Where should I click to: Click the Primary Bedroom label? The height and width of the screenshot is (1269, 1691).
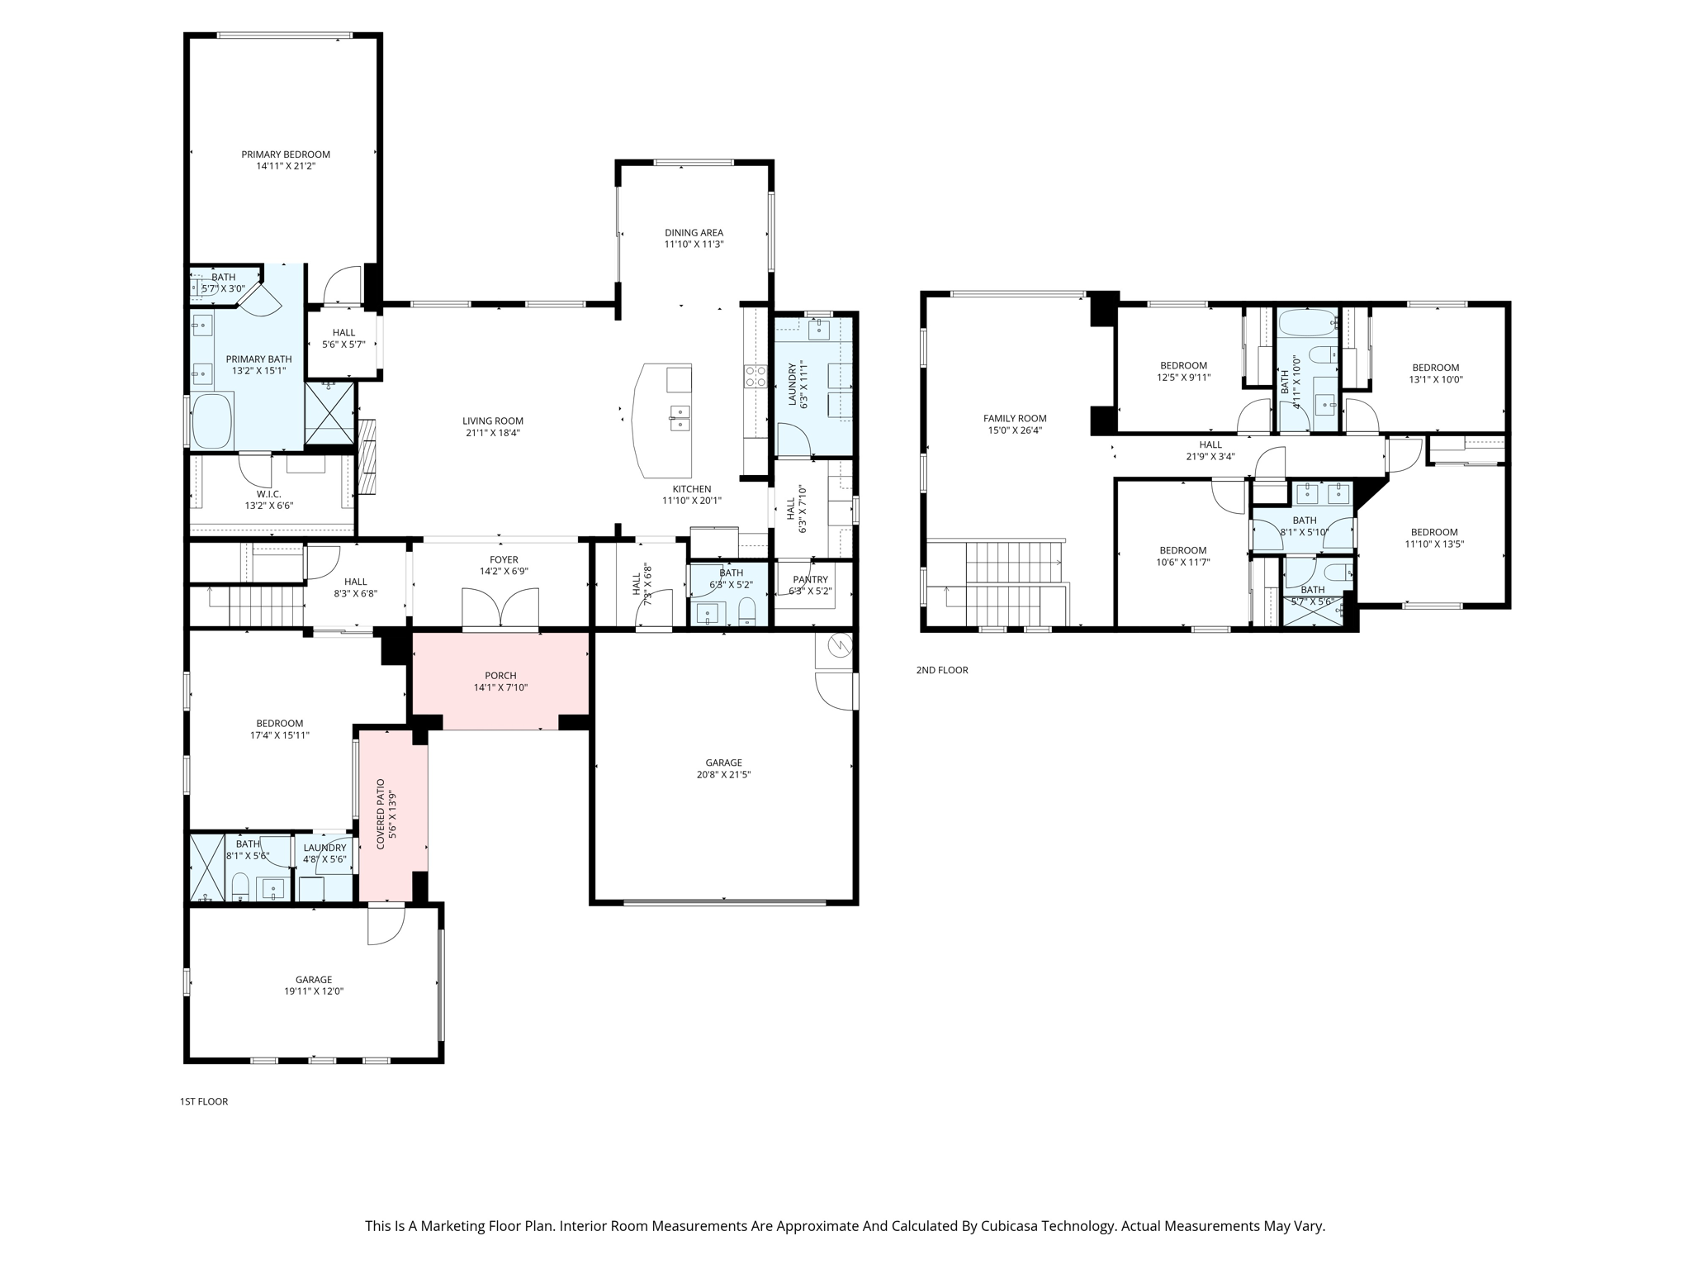pyautogui.click(x=285, y=154)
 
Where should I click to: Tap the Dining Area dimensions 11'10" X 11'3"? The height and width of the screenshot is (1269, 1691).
pyautogui.click(x=694, y=245)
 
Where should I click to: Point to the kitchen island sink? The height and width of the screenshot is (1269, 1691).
pyautogui.click(x=680, y=418)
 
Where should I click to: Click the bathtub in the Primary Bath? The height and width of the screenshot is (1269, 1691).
pyautogui.click(x=212, y=421)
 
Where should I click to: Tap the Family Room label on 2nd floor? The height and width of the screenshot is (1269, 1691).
pyautogui.click(x=1014, y=419)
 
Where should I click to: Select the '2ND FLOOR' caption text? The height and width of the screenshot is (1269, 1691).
pyautogui.click(x=941, y=670)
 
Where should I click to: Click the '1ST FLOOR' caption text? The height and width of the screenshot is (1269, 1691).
pyautogui.click(x=204, y=1101)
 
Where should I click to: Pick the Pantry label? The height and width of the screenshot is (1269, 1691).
pyautogui.click(x=810, y=580)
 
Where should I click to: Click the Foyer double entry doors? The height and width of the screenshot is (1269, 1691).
pyautogui.click(x=500, y=610)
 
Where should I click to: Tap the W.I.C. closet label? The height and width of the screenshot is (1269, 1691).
pyautogui.click(x=268, y=494)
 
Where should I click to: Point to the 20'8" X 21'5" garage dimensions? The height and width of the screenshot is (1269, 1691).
pyautogui.click(x=723, y=775)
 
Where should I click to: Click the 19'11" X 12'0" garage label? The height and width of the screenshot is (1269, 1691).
pyautogui.click(x=314, y=991)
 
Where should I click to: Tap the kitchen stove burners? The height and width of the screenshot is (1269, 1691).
pyautogui.click(x=756, y=377)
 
